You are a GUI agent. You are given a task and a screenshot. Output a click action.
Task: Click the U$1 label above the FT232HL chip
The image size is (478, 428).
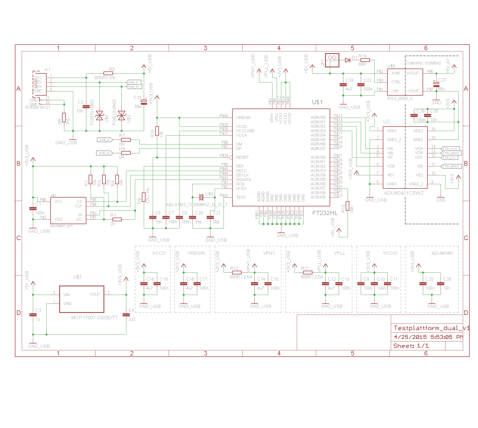pos(317,102)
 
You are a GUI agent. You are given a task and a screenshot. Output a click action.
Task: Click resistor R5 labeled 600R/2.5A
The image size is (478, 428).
pos(108,73)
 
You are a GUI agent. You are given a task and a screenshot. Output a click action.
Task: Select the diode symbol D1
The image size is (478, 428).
pos(348,60)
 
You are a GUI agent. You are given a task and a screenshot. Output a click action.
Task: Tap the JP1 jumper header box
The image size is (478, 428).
pos(332,60)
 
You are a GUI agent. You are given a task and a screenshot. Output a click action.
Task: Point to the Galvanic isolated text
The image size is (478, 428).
pos(423,63)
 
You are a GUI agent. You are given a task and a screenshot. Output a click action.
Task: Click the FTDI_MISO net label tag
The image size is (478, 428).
pos(451,166)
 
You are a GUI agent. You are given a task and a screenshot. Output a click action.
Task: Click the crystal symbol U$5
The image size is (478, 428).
pos(202,197)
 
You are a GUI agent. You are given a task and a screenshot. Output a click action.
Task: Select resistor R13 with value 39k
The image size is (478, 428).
pos(347,206)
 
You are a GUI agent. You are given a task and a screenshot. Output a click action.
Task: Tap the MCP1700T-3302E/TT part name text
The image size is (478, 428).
pos(94,318)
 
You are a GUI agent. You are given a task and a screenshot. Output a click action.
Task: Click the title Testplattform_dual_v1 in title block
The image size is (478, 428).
pos(431,328)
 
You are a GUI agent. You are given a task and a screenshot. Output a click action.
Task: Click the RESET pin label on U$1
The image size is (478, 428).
pos(242,157)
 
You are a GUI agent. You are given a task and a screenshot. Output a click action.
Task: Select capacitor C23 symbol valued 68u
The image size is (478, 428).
pos(144,102)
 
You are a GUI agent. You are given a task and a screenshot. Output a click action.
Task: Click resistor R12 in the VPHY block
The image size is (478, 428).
pos(237,272)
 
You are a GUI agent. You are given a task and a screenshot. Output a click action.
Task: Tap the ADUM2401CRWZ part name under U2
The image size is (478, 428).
pos(403,193)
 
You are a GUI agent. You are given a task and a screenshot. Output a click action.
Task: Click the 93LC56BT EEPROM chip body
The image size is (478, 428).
pos(68,210)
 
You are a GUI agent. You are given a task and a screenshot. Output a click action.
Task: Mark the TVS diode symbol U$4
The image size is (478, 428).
pos(99,116)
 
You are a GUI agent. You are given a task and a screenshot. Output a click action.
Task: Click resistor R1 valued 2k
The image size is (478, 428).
pos(117,219)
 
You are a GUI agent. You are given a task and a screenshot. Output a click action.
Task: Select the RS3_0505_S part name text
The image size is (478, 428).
pos(400,99)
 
